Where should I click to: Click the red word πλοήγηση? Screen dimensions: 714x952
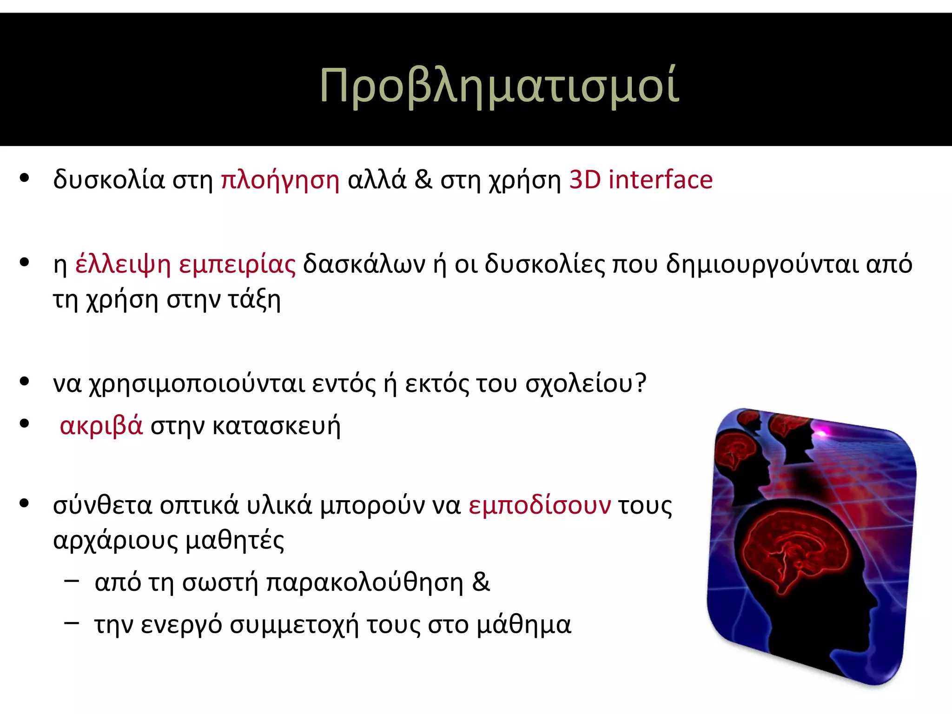[280, 180]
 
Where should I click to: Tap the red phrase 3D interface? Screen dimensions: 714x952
[641, 180]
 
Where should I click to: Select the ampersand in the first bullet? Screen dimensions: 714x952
[423, 180]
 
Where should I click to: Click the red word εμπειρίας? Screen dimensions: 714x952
[237, 264]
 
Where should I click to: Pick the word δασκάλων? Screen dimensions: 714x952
[364, 264]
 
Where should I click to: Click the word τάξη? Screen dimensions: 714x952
[254, 300]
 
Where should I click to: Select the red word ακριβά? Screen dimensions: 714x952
[101, 425]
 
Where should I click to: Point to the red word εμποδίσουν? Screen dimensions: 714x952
[539, 505]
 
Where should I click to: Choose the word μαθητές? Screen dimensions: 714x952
[235, 541]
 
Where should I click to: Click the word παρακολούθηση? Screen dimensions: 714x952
[365, 583]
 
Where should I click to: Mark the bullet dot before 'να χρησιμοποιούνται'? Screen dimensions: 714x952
[25, 382]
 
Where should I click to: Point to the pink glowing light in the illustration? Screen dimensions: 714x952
[822, 433]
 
